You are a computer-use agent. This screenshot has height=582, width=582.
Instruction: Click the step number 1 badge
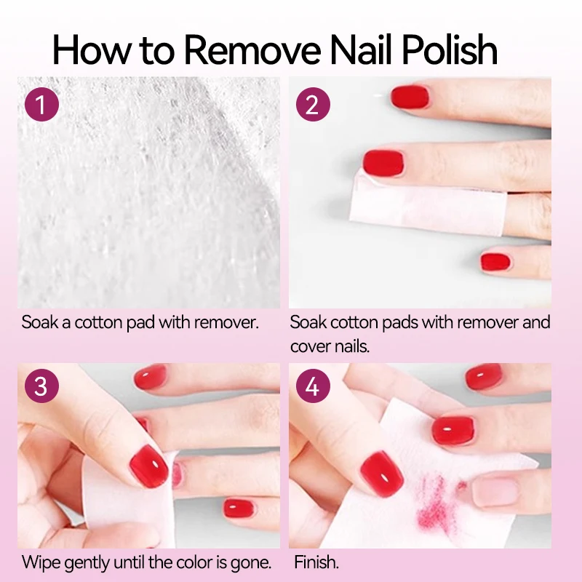41,105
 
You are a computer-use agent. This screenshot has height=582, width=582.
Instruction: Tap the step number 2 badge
313,105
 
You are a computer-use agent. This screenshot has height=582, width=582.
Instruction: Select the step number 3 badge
41,386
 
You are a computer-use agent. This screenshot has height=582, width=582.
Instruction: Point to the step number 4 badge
313,386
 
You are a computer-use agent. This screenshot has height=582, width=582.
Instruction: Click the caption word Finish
316,562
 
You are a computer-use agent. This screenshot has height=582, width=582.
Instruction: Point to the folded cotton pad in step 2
407,201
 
